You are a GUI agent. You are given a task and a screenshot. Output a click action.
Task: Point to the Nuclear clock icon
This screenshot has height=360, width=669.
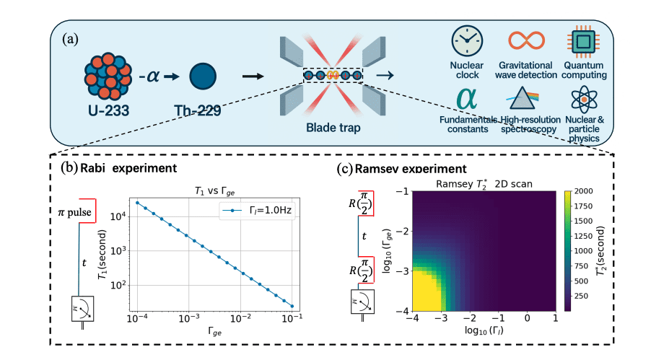(x=466, y=43)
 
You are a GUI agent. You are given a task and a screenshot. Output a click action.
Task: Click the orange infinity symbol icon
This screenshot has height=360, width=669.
(x=526, y=42)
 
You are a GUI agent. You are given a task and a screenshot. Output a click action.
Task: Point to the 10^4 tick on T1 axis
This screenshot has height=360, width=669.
(x=118, y=216)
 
